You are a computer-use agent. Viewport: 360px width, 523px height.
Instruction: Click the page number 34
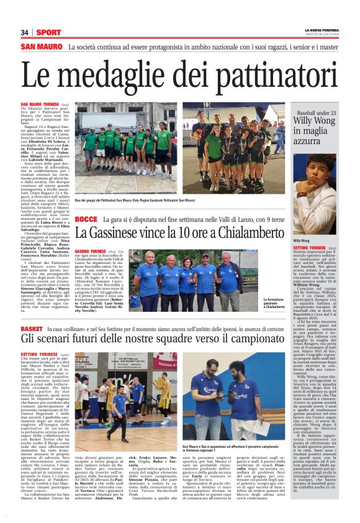pos(25,32)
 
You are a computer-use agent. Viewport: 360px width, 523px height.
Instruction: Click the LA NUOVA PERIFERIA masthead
pos(321,29)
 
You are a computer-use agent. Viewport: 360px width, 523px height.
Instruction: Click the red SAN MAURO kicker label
pos(41,47)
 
